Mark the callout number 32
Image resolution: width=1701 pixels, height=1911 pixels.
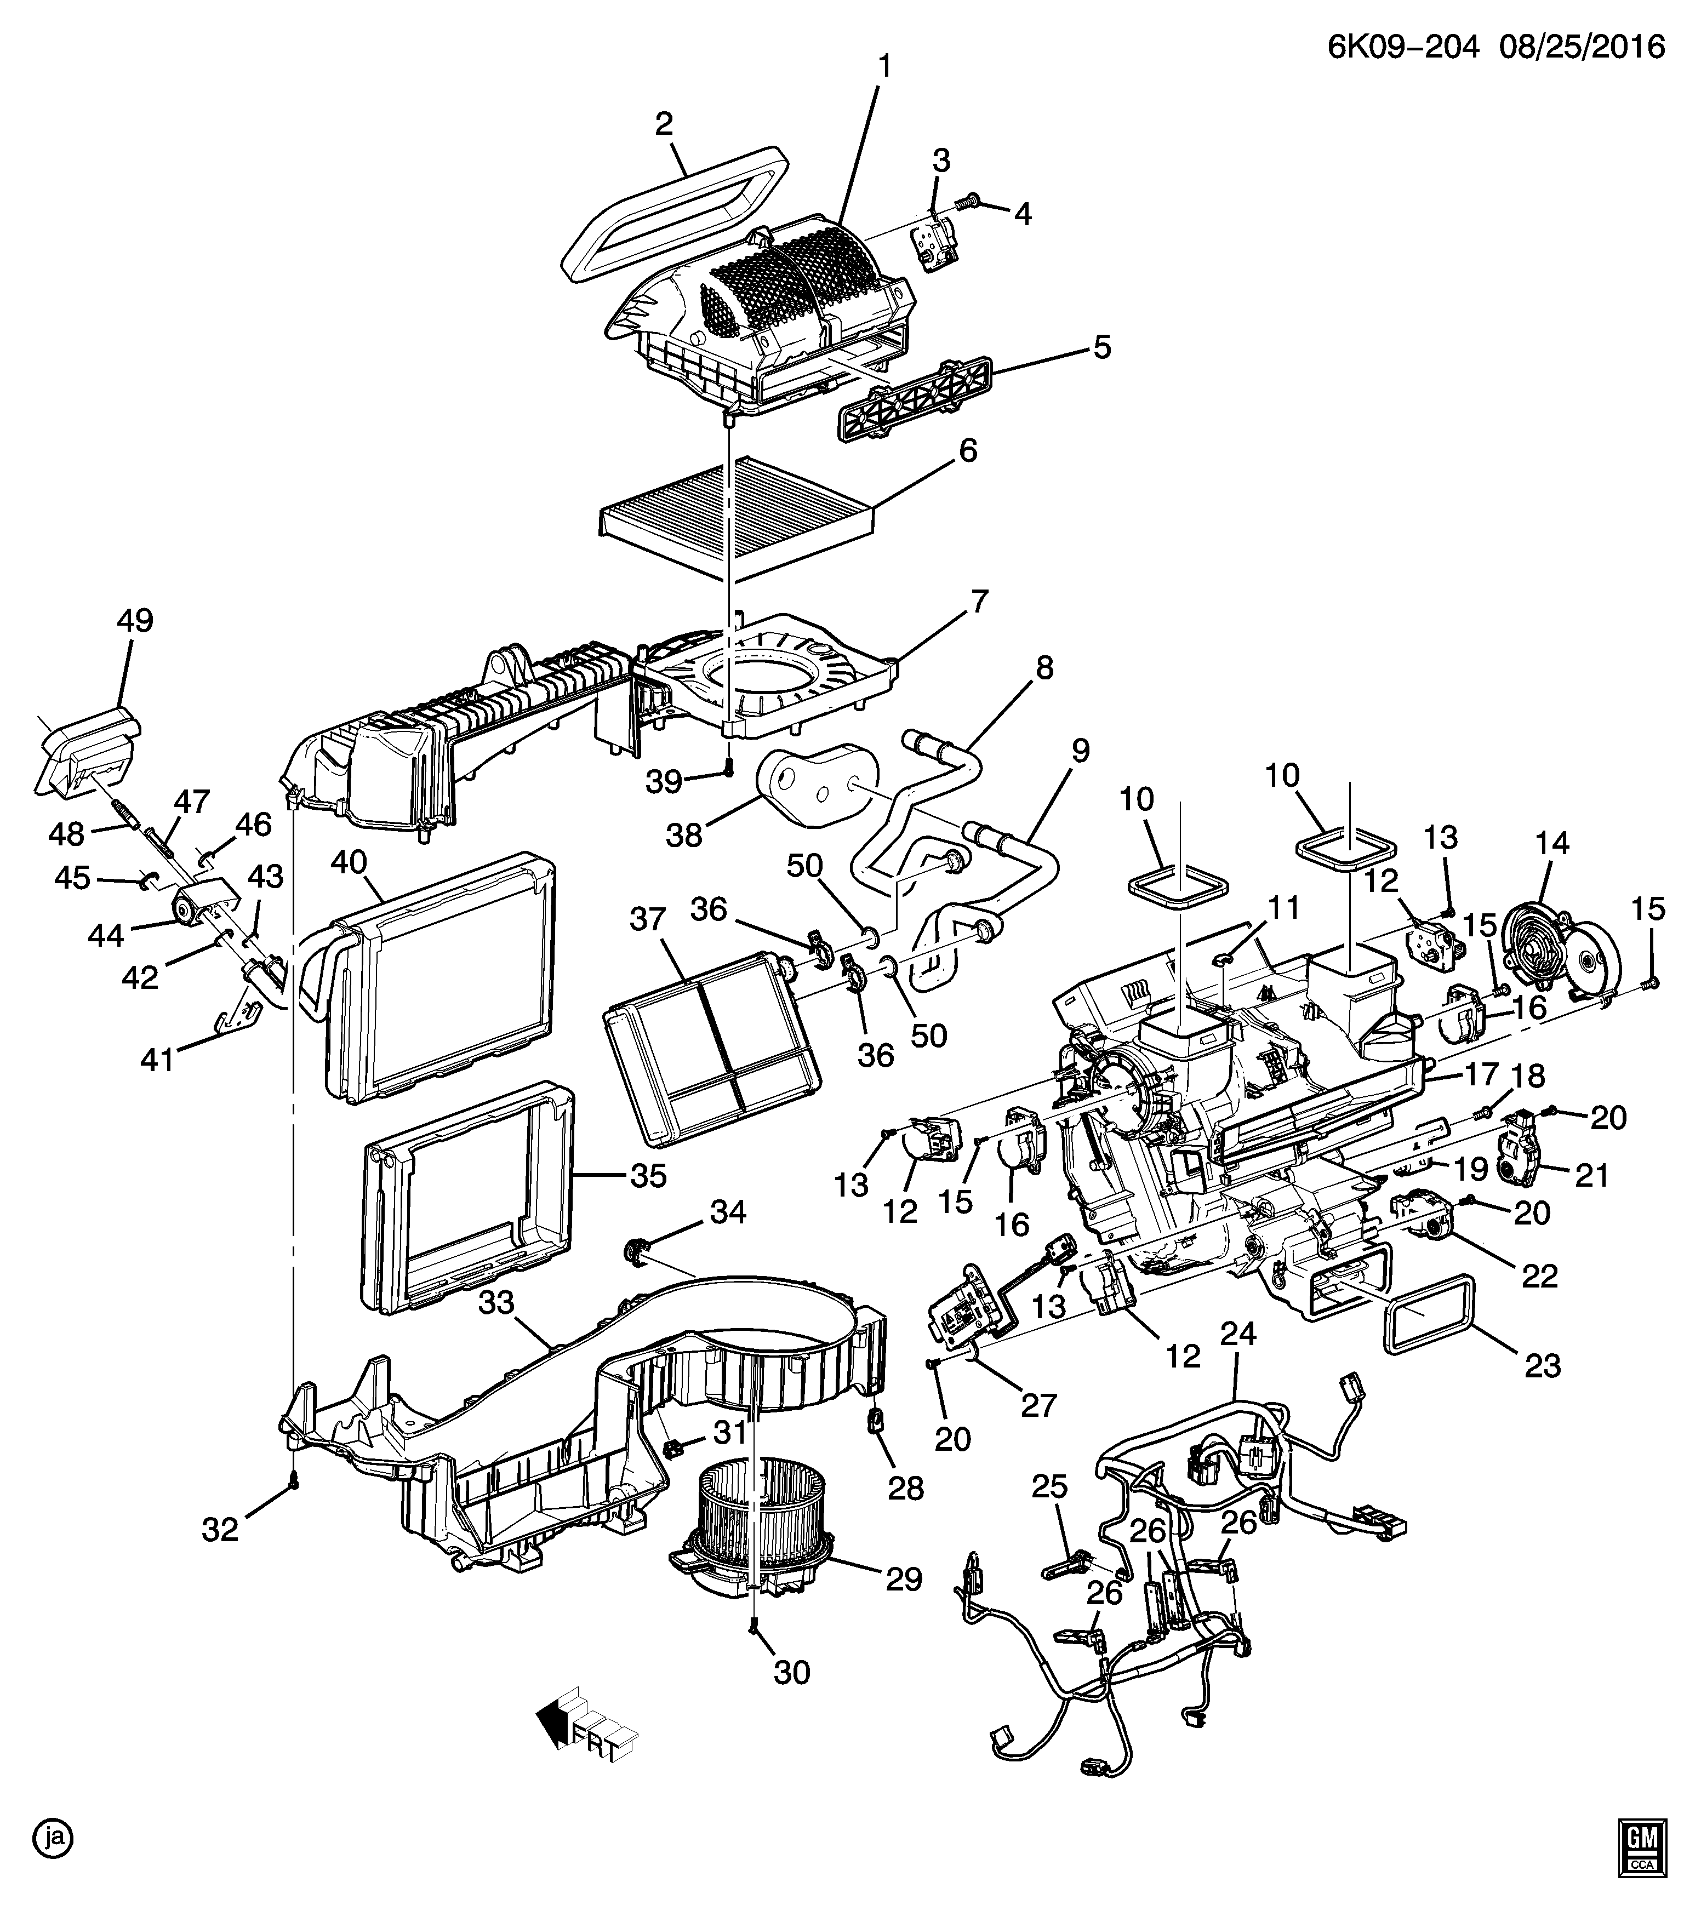pos(221,1530)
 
